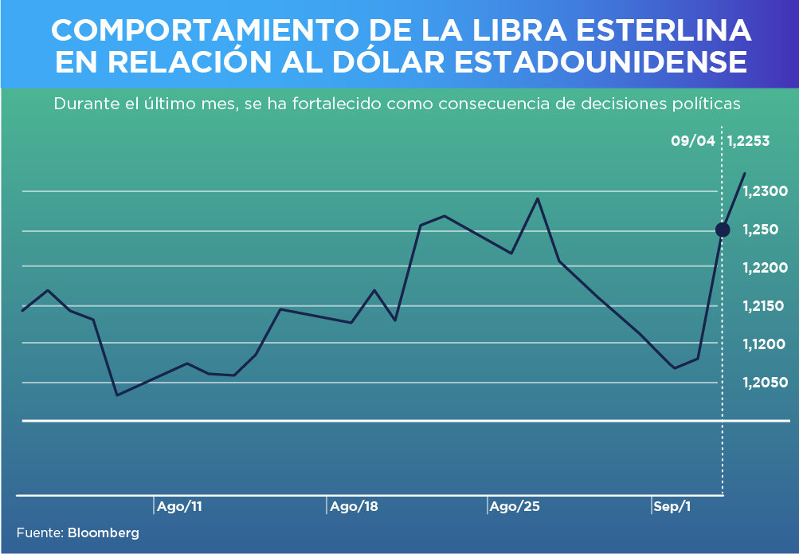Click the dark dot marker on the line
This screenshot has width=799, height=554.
point(723,230)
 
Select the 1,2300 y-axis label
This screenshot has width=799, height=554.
point(765,191)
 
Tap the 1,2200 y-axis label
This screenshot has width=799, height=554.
point(765,268)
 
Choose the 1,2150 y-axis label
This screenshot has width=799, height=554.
point(765,306)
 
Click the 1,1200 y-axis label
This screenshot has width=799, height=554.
point(765,344)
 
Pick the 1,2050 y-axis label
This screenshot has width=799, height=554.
point(765,383)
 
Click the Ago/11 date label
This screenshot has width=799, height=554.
point(179,506)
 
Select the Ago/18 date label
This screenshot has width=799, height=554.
point(354,506)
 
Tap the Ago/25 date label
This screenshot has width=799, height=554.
point(515,506)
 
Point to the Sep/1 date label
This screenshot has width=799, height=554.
point(672,506)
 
